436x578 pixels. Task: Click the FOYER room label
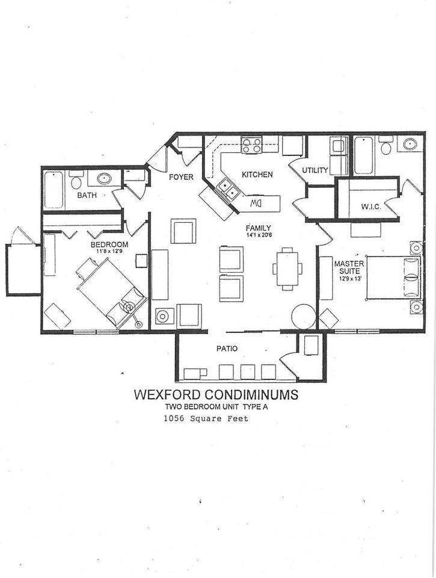point(180,177)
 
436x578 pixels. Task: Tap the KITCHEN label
point(257,175)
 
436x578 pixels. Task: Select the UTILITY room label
point(315,170)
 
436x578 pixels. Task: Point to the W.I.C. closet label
point(369,207)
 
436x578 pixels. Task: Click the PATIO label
point(227,348)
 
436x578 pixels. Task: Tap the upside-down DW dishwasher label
point(257,204)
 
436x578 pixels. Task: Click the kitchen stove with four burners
point(251,145)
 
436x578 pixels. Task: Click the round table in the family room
point(303,315)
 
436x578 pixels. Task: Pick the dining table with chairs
point(287,269)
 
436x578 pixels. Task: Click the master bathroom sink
point(411,144)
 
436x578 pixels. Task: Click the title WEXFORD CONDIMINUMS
point(215,395)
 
